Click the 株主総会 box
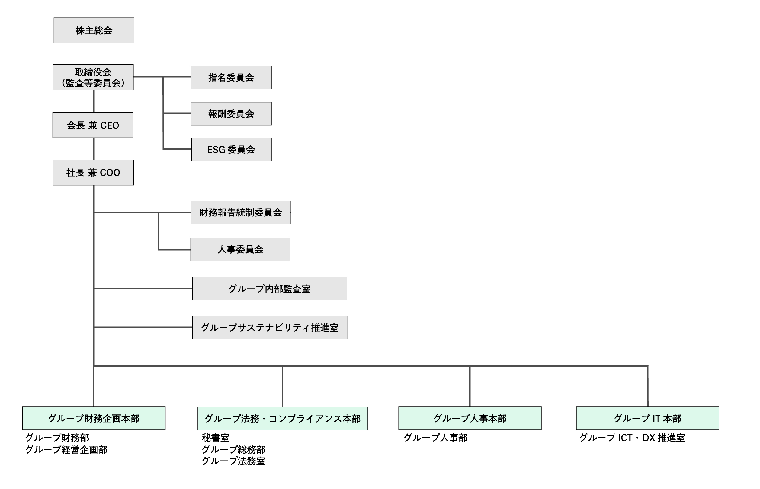94,31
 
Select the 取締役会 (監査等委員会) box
93,77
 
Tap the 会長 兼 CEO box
93,125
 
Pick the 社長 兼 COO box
93,172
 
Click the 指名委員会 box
231,77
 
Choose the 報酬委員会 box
231,114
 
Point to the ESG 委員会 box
231,150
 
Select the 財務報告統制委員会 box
240,212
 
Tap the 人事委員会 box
240,250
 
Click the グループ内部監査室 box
270,289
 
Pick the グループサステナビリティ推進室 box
270,327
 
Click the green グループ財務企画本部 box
94,418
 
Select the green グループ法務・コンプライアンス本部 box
283,419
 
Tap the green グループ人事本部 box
470,418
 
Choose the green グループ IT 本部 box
647,418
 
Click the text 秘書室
215,438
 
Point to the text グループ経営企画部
66,450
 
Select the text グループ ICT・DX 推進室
632,438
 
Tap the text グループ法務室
233,461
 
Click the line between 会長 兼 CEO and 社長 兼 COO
94,149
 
